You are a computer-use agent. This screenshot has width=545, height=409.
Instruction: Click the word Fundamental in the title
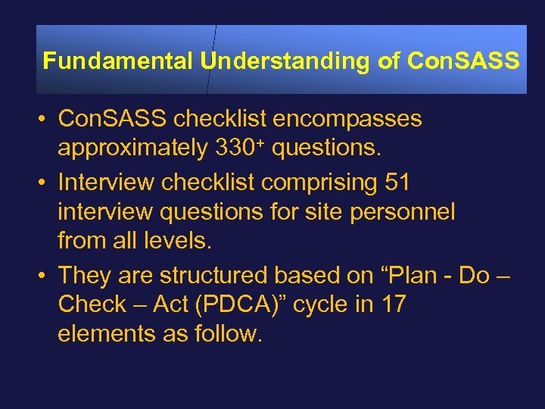(117, 61)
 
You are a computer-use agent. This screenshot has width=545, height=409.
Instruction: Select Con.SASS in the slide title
(462, 61)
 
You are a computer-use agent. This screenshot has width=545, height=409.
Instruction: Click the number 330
(232, 149)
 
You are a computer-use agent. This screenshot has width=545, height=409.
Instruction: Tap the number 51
(397, 183)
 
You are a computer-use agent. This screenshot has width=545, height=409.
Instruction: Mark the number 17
(393, 304)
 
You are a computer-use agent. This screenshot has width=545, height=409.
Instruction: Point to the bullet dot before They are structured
(45, 274)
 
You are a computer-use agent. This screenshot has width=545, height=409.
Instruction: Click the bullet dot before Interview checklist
(45, 183)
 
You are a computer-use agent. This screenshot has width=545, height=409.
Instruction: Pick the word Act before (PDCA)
(170, 304)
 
